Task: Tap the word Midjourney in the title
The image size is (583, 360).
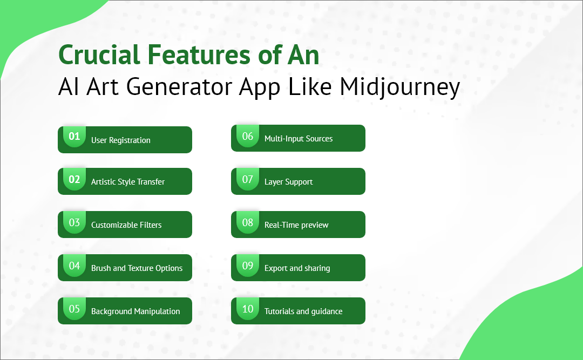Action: pyautogui.click(x=400, y=87)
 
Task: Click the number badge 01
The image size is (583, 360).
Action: pyautogui.click(x=74, y=137)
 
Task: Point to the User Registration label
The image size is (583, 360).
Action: pyautogui.click(x=121, y=140)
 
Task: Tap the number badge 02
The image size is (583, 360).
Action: pyautogui.click(x=74, y=180)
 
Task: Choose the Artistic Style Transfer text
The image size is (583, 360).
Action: pyautogui.click(x=128, y=182)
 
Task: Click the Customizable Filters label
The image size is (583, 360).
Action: pyautogui.click(x=126, y=225)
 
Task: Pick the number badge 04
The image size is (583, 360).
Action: pyautogui.click(x=74, y=266)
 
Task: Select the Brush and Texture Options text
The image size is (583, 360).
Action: pyautogui.click(x=137, y=268)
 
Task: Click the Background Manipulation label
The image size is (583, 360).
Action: pyautogui.click(x=135, y=311)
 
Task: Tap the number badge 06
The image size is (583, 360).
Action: pyautogui.click(x=248, y=137)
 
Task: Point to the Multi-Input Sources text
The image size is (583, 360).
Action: pyautogui.click(x=299, y=139)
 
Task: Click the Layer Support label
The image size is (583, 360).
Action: pyautogui.click(x=289, y=182)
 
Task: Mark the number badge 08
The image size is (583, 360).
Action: pyautogui.click(x=248, y=223)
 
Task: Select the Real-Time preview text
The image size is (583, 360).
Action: pyautogui.click(x=296, y=225)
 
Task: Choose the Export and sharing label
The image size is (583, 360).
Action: pyautogui.click(x=297, y=268)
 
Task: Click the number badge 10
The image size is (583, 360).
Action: pyautogui.click(x=248, y=309)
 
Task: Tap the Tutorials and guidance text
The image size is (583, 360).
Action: pyautogui.click(x=303, y=311)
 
